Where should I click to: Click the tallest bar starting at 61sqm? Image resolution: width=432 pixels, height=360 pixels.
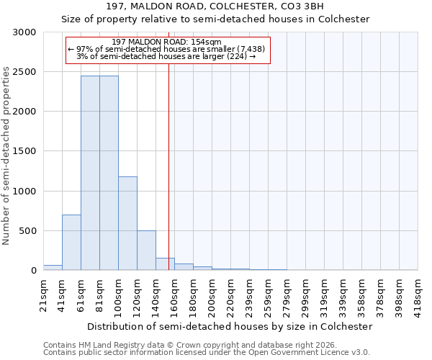(90, 173)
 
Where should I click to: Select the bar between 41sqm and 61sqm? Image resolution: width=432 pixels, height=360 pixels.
(71, 242)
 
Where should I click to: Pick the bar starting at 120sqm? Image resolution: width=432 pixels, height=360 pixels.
(146, 250)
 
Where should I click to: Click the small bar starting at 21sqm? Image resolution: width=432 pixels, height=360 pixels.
(53, 267)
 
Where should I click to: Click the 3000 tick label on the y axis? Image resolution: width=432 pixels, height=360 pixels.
(26, 32)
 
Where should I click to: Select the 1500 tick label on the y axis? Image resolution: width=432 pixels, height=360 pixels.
(26, 151)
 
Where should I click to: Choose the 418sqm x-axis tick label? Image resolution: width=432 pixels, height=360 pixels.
(418, 293)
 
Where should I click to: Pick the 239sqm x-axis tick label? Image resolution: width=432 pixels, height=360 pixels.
(249, 293)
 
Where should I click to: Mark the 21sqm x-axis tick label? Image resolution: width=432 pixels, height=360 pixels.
(43, 293)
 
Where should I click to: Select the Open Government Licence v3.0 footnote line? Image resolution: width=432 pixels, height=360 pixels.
(207, 352)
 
